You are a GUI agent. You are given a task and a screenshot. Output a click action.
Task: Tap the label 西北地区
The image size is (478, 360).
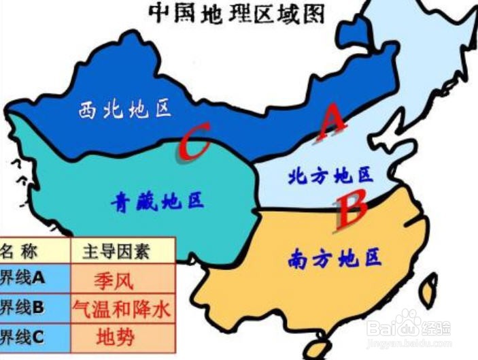[124, 109]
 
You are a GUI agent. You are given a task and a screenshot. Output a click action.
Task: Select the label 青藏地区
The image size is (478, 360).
[157, 202]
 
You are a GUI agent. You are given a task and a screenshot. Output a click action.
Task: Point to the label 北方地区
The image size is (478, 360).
[330, 176]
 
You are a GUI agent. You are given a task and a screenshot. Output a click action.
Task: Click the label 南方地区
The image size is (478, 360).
[335, 258]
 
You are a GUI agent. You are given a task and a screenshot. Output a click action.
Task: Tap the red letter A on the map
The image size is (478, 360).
[332, 122]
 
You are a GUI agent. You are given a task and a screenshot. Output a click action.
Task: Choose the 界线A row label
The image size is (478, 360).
[24, 278]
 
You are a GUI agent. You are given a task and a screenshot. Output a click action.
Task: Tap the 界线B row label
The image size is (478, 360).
[24, 308]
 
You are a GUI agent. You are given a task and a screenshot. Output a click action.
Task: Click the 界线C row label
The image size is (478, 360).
[24, 336]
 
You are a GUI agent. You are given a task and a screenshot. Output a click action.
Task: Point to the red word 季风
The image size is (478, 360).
[115, 279]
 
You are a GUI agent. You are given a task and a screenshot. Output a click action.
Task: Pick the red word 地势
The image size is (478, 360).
[116, 337]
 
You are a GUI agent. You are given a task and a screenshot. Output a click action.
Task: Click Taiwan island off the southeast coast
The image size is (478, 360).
[428, 293]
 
